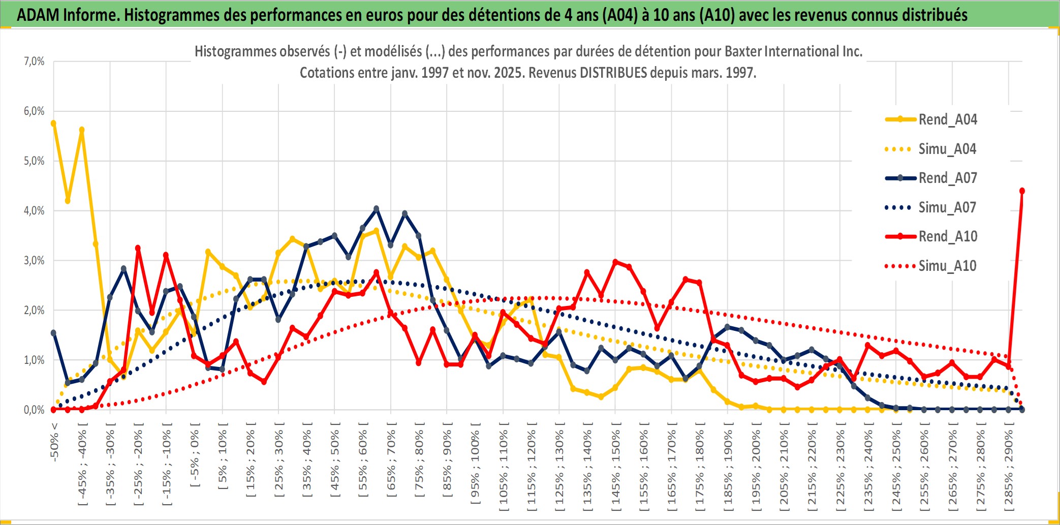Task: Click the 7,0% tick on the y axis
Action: [34, 61]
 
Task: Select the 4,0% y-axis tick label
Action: [34, 211]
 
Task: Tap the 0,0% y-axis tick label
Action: [34, 410]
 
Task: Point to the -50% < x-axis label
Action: [54, 442]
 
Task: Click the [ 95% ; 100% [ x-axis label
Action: [475, 468]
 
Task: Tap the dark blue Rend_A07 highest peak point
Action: [376, 209]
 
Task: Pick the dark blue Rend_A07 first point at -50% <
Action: [53, 333]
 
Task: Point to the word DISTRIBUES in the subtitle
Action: [613, 73]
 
